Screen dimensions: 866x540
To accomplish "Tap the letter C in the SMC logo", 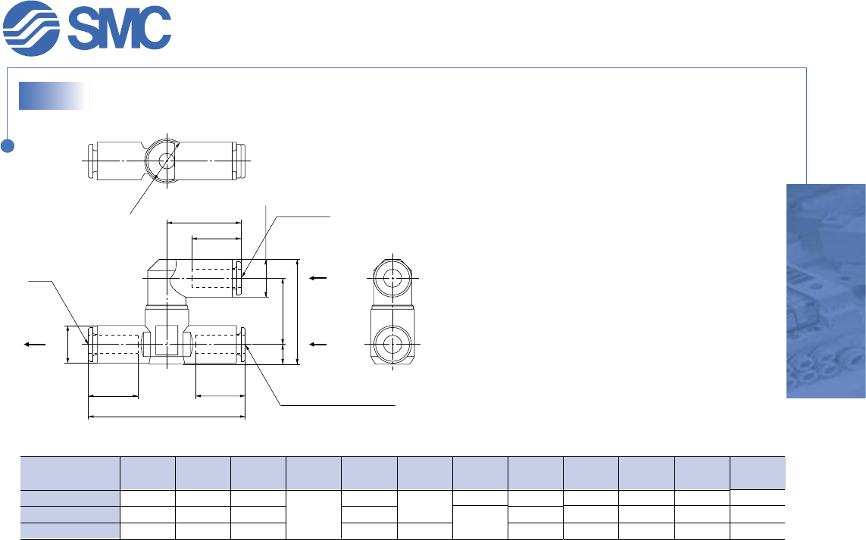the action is click(152, 28).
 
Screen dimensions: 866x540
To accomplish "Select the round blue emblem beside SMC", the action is click(31, 28).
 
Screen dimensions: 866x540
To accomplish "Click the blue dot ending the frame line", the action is click(8, 145).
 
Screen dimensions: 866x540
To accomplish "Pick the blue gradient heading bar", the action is click(54, 96).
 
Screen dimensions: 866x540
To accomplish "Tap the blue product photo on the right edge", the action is click(826, 291).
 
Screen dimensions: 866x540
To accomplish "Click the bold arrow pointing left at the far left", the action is click(34, 344).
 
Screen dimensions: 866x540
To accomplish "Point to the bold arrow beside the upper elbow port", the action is click(319, 278).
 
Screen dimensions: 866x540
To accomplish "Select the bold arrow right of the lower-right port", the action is click(319, 344).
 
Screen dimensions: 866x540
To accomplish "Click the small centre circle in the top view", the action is click(166, 161).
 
